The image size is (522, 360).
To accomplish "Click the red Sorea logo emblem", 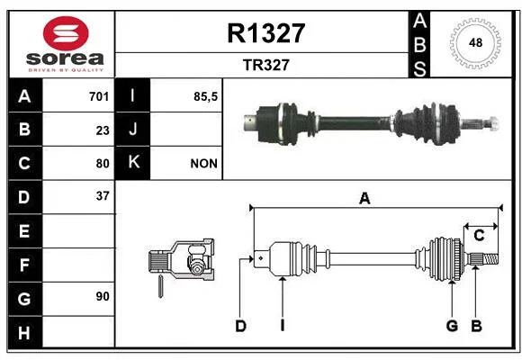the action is tap(66, 33).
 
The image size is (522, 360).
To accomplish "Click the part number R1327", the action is tap(266, 33).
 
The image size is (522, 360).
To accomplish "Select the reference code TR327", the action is tap(266, 65).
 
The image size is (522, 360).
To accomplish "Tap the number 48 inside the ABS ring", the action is tap(475, 43).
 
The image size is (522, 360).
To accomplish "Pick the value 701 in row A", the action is tap(99, 96).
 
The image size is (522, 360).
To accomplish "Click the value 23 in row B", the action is tap(103, 130).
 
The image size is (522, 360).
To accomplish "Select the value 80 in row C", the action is tap(103, 164).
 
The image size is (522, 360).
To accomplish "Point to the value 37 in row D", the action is tap(103, 196).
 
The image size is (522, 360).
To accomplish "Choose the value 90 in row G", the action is tap(103, 296).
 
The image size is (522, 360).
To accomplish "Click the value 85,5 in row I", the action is tap(205, 96).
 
